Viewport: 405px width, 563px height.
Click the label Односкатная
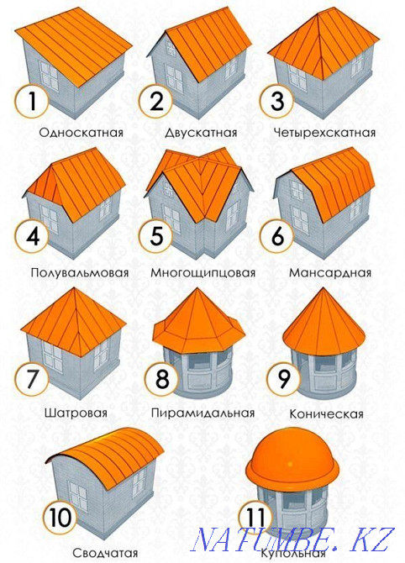coord(82,133)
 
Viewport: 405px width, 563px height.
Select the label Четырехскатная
coord(324,133)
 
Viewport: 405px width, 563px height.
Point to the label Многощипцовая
coord(202,273)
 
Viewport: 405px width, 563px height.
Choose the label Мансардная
coord(329,273)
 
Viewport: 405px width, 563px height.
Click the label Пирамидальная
coord(202,413)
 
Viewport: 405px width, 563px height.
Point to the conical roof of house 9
coord(324,324)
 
